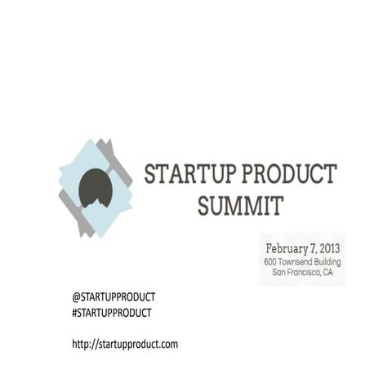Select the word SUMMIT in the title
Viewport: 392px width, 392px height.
(x=240, y=205)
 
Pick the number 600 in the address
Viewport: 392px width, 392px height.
(x=271, y=261)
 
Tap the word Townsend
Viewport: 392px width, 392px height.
(x=296, y=261)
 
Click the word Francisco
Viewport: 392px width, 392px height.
(x=305, y=273)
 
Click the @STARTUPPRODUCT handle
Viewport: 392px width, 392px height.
(x=114, y=296)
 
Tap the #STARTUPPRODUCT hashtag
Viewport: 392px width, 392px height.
(x=112, y=312)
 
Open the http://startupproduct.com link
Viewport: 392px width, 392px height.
(x=125, y=344)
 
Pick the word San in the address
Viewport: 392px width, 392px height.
(x=279, y=273)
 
